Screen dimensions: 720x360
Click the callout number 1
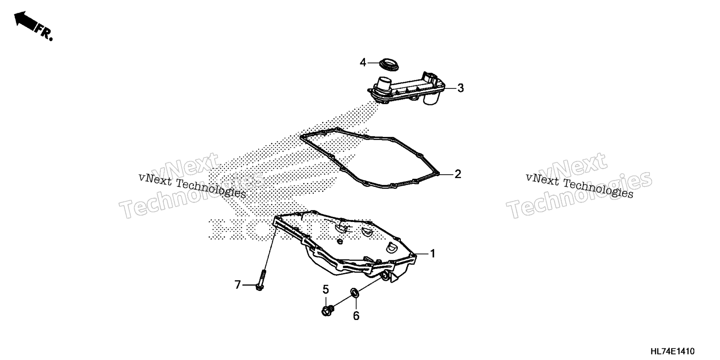click(432, 254)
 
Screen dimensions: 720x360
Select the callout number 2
click(457, 174)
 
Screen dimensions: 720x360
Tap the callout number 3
click(460, 88)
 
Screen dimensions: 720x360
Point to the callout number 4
click(363, 62)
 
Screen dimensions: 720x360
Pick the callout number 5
click(325, 289)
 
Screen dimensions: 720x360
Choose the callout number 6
click(356, 316)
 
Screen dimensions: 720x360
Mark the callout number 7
click(237, 285)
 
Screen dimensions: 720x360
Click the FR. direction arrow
click(33, 25)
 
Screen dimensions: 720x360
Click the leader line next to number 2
click(446, 174)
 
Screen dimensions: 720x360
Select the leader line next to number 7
click(249, 285)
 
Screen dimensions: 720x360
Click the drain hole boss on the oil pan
click(384, 277)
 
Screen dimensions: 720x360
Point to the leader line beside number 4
click(374, 63)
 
